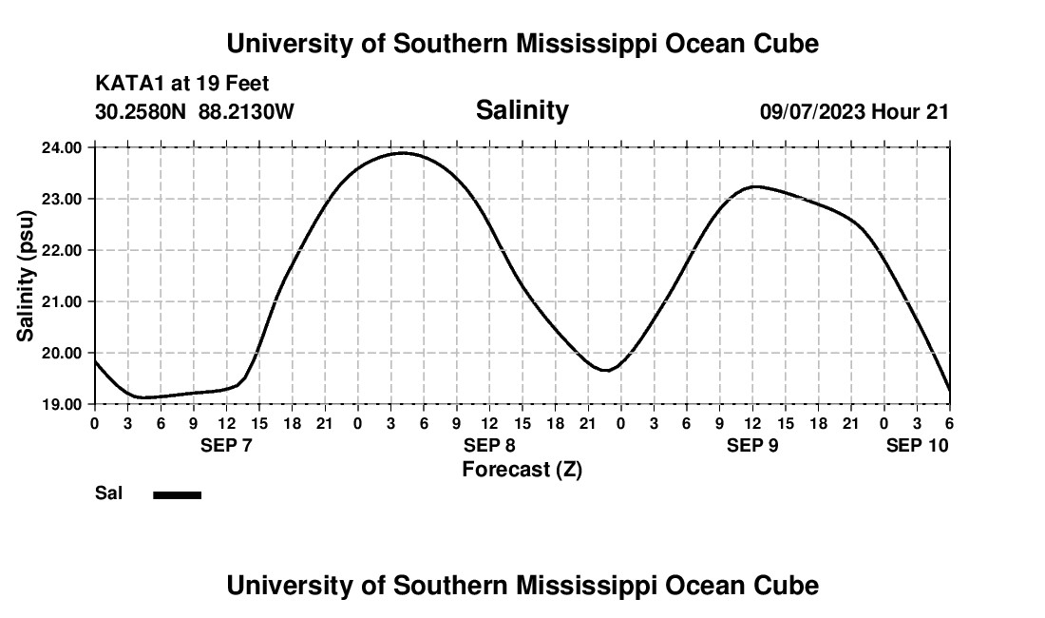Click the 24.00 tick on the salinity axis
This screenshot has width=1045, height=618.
tap(62, 147)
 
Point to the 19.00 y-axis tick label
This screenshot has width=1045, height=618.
tap(62, 404)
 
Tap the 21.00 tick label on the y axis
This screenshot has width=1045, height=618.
tap(62, 301)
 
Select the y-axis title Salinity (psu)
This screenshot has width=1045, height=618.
tap(26, 276)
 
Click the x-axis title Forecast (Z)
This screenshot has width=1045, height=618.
tap(522, 469)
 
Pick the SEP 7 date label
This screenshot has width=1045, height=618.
tap(226, 445)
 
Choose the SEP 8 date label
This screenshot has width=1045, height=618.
tap(489, 445)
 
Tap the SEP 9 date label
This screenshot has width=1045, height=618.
tap(752, 445)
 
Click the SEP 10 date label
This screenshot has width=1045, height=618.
tap(917, 445)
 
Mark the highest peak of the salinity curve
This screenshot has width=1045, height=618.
tap(403, 152)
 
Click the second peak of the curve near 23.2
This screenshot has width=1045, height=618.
tap(753, 186)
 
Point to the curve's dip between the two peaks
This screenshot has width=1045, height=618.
tap(606, 370)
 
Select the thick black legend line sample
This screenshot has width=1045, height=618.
tap(178, 494)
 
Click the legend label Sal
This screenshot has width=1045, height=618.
tap(108, 493)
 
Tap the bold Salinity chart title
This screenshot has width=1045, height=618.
tap(522, 110)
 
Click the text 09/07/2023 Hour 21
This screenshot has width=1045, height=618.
tap(854, 111)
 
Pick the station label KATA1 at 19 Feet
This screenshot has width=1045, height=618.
tap(182, 84)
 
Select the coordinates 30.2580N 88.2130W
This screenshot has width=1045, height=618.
tap(195, 111)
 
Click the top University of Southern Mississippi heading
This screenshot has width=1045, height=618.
tap(522, 44)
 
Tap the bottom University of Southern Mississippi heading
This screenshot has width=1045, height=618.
tap(522, 586)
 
